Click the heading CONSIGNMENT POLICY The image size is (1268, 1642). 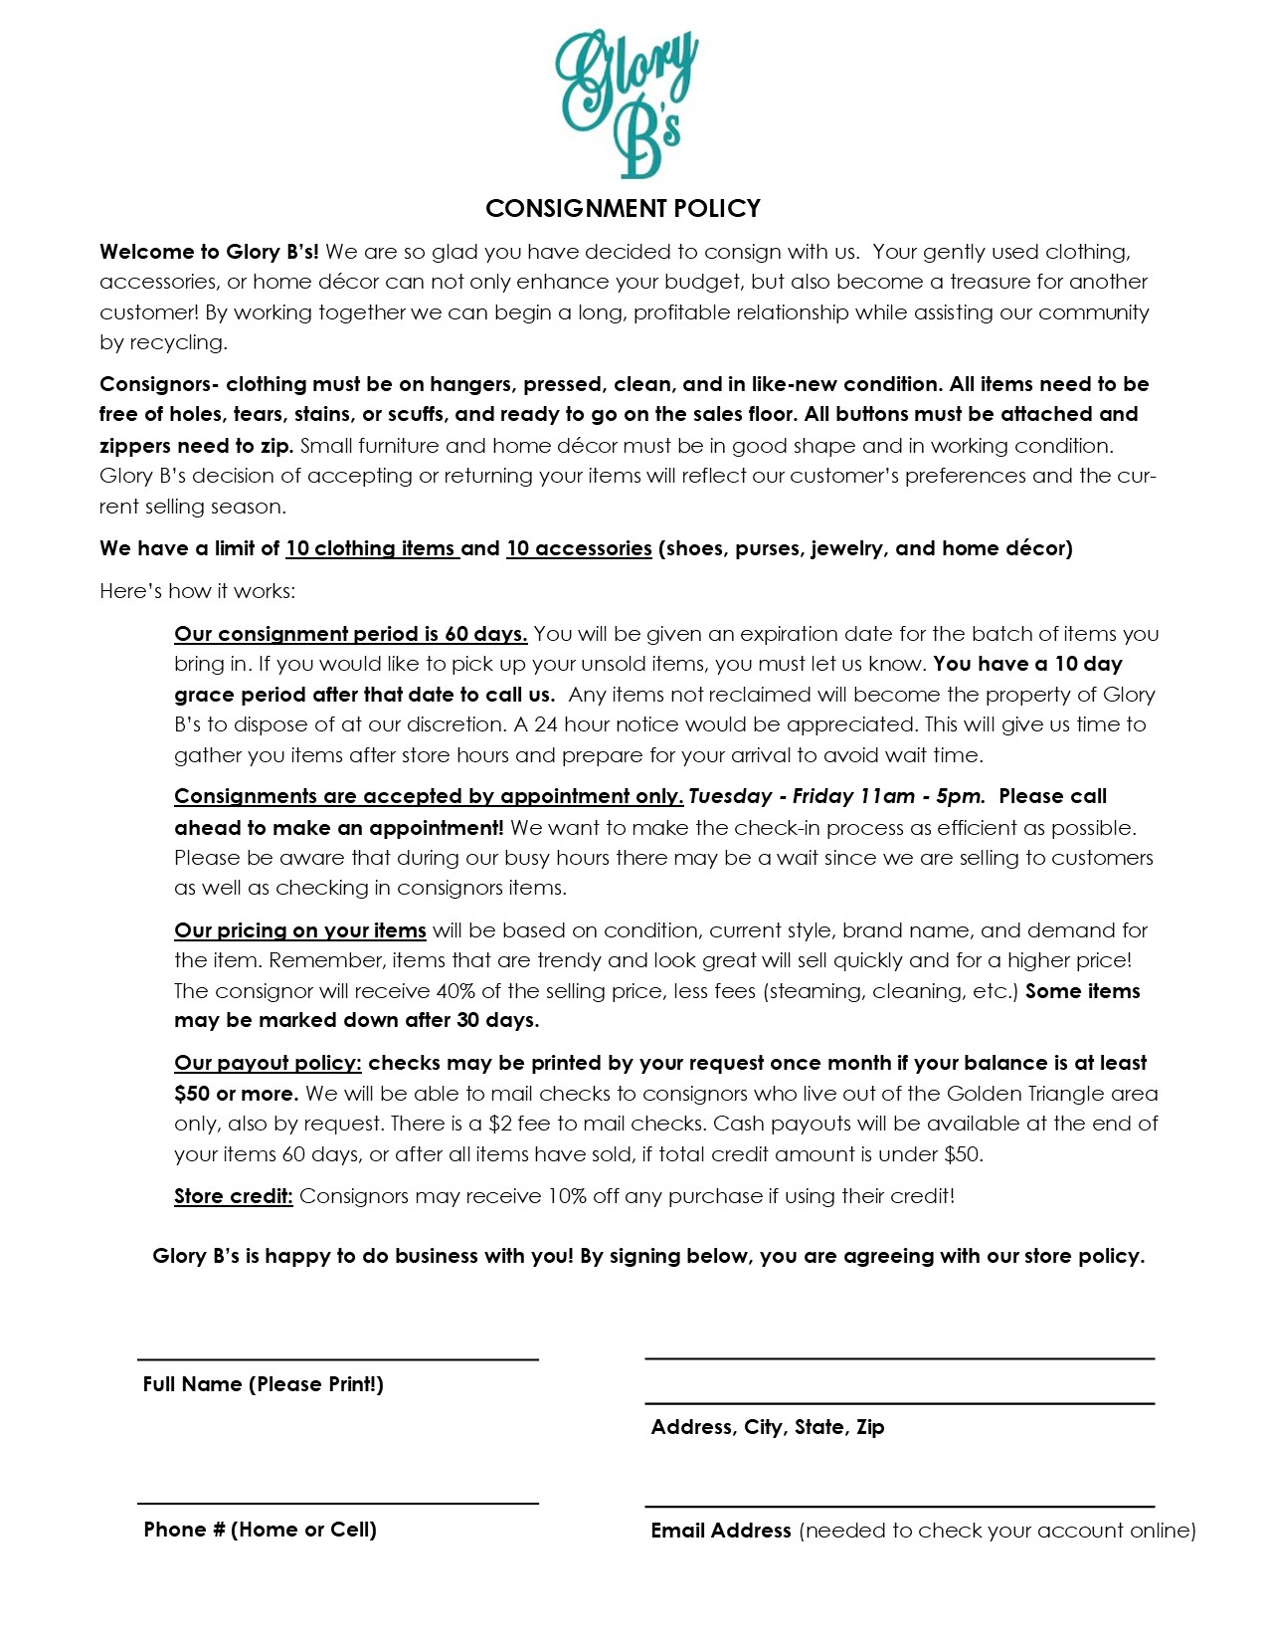(623, 208)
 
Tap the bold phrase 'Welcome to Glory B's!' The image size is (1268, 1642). (209, 252)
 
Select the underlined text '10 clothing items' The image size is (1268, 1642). (372, 548)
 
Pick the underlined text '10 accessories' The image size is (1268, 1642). (579, 548)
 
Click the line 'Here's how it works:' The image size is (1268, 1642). (197, 591)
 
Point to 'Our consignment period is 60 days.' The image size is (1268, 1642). (350, 634)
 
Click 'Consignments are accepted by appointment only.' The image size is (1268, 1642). (429, 796)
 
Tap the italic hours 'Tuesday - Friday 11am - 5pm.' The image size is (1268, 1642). (836, 796)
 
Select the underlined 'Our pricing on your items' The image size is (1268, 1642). (299, 930)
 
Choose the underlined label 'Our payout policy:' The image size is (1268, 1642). (268, 1063)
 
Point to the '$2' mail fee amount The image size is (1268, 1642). (500, 1124)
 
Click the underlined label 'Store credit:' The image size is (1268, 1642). (233, 1196)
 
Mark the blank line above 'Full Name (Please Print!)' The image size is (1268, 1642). (337, 1358)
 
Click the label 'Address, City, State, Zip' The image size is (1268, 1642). (767, 1427)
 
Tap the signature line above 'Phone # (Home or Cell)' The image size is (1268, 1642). (337, 1503)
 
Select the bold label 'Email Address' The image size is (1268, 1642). (720, 1531)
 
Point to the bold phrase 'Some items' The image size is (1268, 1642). (1082, 991)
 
